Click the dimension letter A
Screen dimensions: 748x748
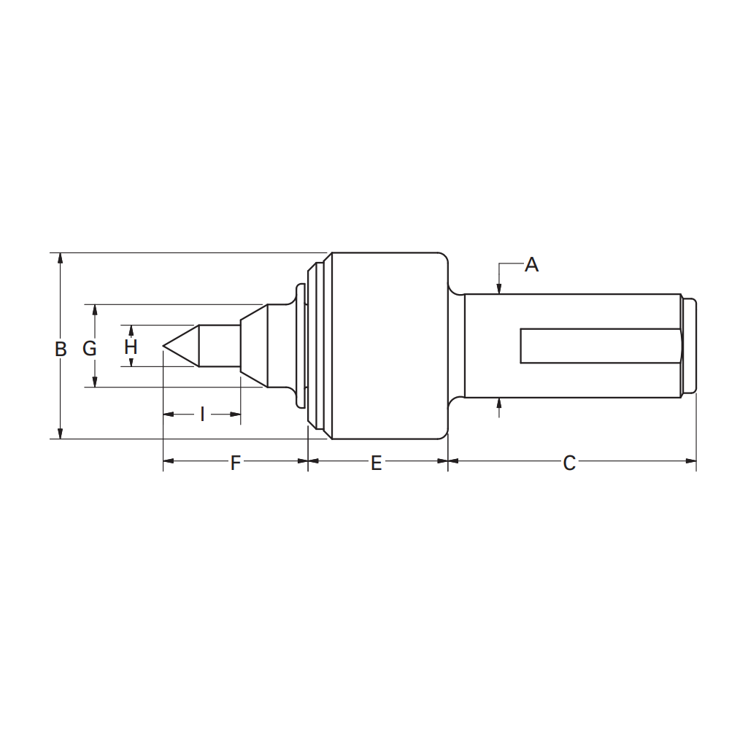(x=531, y=264)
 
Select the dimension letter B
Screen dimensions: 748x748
(x=61, y=350)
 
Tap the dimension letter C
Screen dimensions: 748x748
(x=569, y=463)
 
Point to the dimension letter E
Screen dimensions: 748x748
(x=377, y=463)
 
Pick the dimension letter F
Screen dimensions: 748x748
(x=235, y=463)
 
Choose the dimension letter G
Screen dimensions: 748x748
(x=90, y=349)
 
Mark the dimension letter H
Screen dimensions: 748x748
(x=131, y=347)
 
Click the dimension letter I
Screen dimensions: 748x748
(x=202, y=415)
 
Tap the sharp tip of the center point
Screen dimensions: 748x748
(x=163, y=345)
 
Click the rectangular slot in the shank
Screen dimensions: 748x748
(x=601, y=346)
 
